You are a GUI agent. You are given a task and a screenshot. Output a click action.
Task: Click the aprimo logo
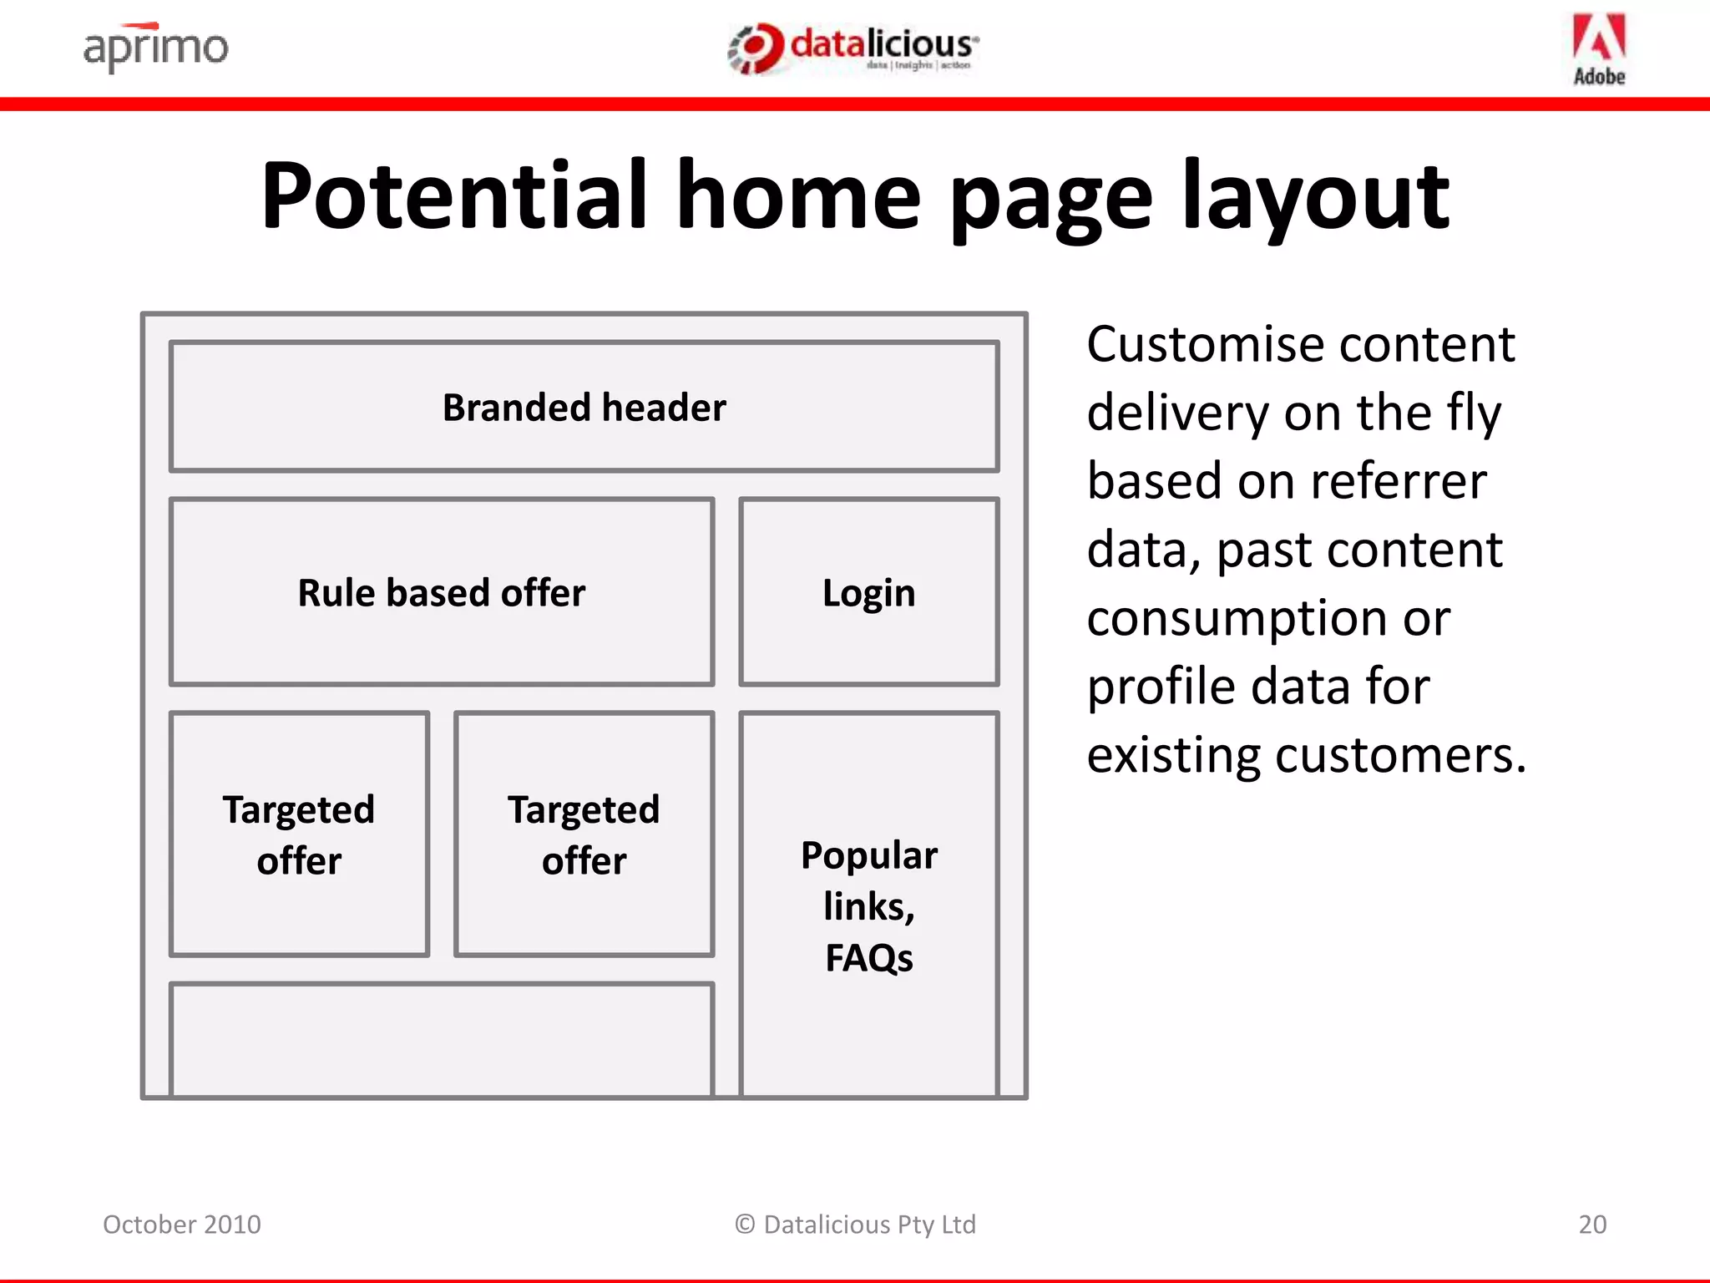click(155, 47)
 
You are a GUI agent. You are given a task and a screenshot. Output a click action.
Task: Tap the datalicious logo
click(853, 48)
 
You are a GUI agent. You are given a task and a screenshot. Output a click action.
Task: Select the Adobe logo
click(1599, 49)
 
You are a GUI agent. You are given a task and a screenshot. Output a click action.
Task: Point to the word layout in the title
click(1316, 197)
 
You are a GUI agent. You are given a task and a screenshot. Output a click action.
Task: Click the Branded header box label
click(584, 408)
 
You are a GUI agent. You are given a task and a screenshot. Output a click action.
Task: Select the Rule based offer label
click(441, 593)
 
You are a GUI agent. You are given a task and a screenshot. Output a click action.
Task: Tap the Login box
click(868, 593)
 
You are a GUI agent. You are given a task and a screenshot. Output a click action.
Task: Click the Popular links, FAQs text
click(868, 905)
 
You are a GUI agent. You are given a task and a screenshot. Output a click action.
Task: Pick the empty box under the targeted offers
click(441, 1039)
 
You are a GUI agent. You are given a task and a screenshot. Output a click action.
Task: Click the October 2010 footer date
click(182, 1225)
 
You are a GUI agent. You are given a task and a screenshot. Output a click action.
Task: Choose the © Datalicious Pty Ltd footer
click(855, 1225)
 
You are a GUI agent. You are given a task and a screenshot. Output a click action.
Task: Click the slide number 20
click(1591, 1225)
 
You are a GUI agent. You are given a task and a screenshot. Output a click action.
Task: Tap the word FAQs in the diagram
click(868, 958)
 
